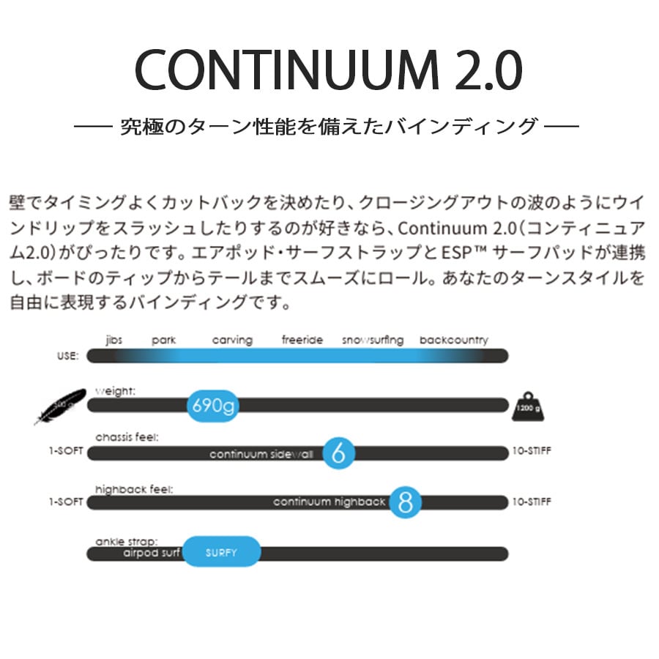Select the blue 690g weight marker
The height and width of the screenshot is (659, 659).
click(213, 405)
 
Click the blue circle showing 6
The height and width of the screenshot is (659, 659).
click(338, 454)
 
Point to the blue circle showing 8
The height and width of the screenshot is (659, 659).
click(406, 502)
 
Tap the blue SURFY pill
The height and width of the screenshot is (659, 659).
click(221, 552)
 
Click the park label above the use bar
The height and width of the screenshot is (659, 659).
click(164, 340)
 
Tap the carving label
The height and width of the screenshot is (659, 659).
click(232, 340)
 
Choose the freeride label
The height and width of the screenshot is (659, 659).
click(302, 340)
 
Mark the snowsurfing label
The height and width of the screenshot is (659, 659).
click(373, 340)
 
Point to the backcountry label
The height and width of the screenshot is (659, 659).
click(454, 340)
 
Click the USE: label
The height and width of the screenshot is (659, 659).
click(67, 357)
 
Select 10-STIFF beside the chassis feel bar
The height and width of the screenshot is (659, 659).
click(532, 452)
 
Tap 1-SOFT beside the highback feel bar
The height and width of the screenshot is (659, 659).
click(65, 502)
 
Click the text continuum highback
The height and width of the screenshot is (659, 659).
click(329, 502)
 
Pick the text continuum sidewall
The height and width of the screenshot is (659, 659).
click(261, 454)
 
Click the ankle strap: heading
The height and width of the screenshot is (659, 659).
click(127, 543)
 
